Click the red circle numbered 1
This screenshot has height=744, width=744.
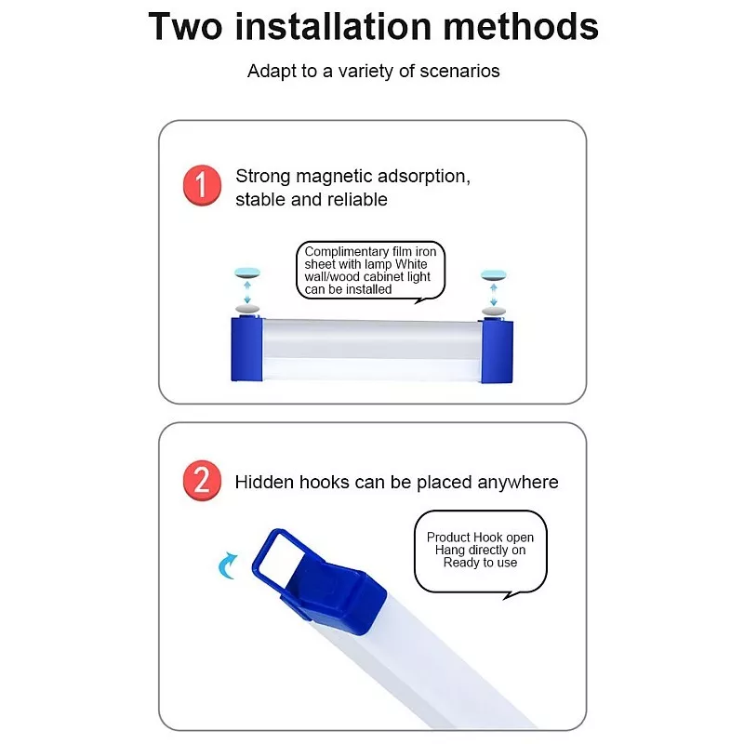202,185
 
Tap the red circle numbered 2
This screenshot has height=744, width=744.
202,480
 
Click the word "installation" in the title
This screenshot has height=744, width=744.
333,27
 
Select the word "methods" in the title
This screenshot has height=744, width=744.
521,27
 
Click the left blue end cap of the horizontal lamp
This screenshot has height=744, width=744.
246,350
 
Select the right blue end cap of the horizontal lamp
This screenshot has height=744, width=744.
498,351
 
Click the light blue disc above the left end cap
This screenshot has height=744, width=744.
247,272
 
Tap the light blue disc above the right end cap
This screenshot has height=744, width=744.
494,274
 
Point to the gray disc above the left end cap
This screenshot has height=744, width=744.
247,309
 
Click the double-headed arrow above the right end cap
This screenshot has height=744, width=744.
494,295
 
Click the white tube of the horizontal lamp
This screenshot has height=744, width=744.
372,351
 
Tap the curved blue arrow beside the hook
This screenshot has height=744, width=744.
227,566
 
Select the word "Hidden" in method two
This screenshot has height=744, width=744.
265,482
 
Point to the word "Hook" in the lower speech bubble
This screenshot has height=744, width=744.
488,538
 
